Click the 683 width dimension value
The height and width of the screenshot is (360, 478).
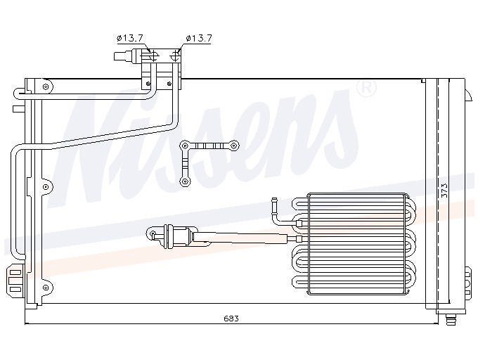[231, 319]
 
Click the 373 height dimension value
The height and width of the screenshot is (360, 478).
[444, 191]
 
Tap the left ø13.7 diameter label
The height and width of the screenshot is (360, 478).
[130, 38]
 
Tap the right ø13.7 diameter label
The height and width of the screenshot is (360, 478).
[198, 38]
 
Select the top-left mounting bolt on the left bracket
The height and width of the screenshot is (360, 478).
[46, 86]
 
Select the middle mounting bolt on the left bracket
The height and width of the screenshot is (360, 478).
[46, 186]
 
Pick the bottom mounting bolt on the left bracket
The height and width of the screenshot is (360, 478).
[46, 287]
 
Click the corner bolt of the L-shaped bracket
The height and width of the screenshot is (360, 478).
[185, 146]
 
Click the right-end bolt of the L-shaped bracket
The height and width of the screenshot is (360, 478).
[233, 146]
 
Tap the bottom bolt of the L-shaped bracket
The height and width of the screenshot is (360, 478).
[185, 181]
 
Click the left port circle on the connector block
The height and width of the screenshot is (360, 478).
[154, 56]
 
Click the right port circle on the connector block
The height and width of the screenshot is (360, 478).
[176, 56]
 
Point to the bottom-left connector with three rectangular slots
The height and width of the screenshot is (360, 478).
[15, 281]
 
